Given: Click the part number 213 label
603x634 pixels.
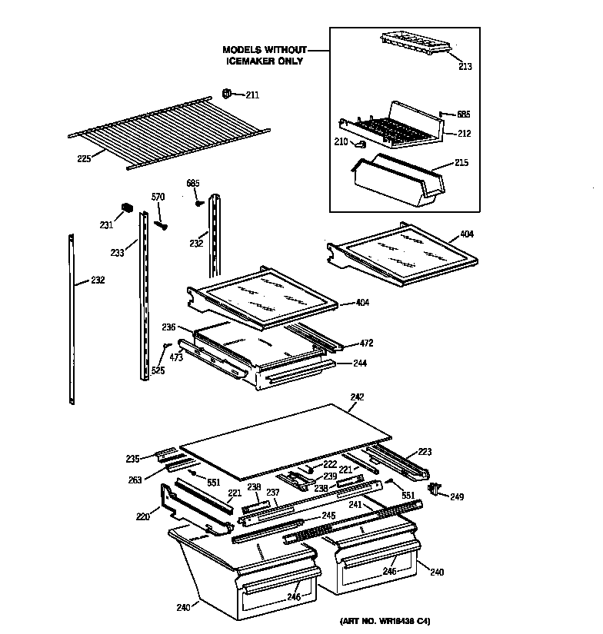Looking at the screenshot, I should (465, 67).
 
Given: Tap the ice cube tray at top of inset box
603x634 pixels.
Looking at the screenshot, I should (416, 45).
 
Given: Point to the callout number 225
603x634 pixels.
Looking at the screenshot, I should (84, 158).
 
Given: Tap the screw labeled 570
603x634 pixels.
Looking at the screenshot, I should (161, 225).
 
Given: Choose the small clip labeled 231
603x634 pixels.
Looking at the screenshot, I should (128, 209).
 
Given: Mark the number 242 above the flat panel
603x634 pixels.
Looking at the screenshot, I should (356, 397).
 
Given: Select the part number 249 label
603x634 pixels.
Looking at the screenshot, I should (458, 497).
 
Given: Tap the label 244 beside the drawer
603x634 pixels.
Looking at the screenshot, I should (361, 362).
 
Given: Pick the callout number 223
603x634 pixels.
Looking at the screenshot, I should (425, 452).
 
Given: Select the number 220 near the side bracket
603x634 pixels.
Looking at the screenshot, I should (142, 516).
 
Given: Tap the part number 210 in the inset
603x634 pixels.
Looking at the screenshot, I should (341, 141).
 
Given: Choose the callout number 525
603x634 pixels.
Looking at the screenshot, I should (158, 370).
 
